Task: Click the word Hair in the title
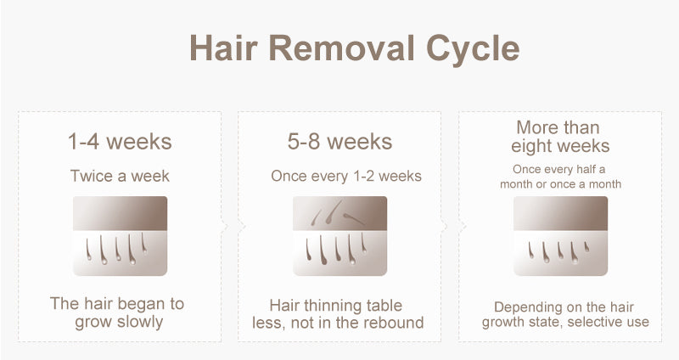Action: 223,48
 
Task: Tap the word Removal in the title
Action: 342,48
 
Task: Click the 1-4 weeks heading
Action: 120,141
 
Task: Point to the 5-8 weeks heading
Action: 340,141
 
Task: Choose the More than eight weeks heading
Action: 559,137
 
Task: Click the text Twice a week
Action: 120,176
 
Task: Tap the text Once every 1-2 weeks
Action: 346,176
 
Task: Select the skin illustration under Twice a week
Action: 120,236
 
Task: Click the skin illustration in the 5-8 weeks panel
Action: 340,236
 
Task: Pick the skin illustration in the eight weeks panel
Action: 560,236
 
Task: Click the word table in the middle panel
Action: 384,306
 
